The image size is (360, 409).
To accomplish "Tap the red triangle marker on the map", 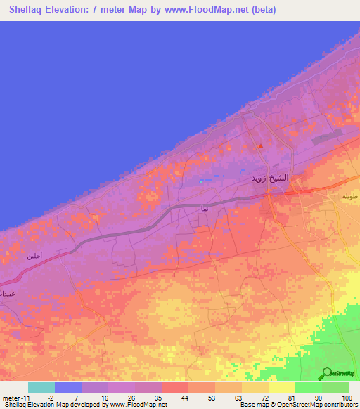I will (261, 146).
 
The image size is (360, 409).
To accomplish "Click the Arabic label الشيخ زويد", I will (270, 178).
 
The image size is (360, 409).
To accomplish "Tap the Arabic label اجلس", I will (34, 257).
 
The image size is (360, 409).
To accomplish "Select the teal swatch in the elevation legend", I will (41, 387).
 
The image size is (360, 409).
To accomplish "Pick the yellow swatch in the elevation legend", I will (281, 387).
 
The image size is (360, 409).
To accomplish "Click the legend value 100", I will (347, 397).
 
